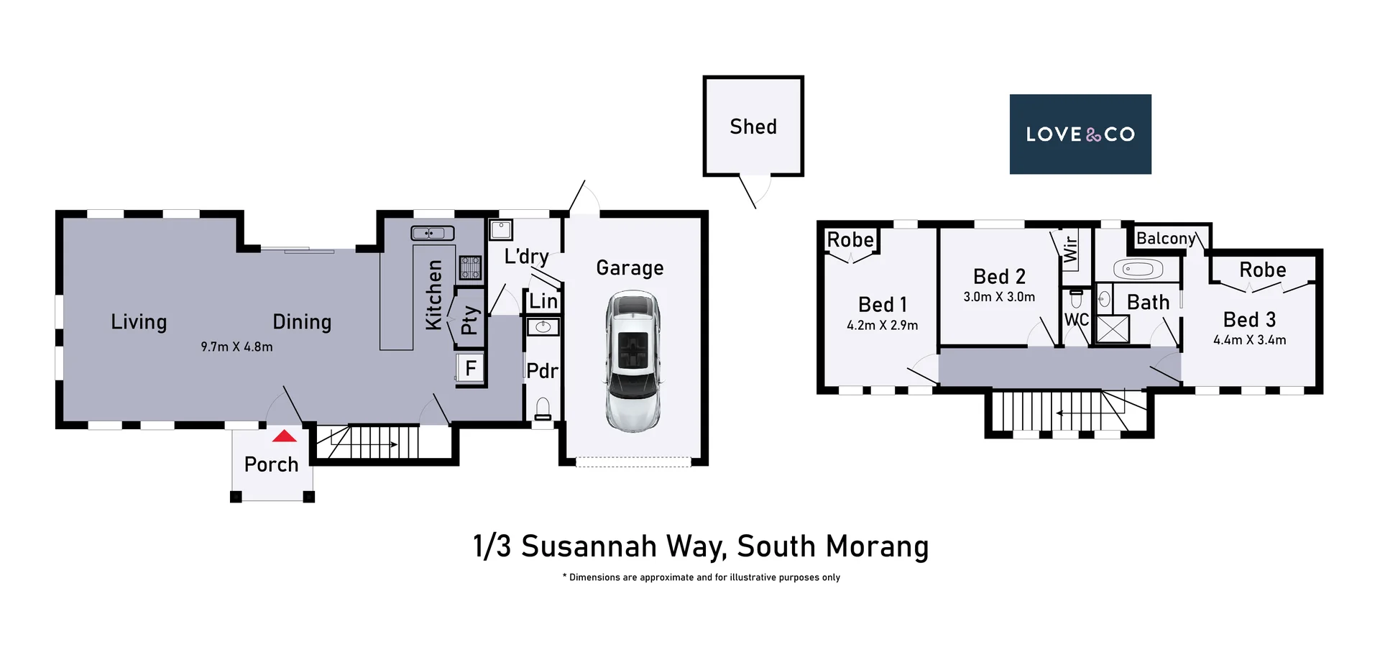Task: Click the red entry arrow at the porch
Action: click(285, 436)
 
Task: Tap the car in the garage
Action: click(632, 362)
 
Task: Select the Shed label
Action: click(753, 127)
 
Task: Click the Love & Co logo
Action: click(1080, 134)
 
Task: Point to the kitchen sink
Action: click(432, 233)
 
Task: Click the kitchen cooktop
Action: click(470, 267)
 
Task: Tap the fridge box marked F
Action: click(471, 369)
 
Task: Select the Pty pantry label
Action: click(469, 320)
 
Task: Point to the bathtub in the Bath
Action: click(1138, 270)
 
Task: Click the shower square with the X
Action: click(1113, 329)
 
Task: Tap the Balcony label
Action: click(1165, 238)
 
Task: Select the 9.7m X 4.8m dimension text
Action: click(236, 347)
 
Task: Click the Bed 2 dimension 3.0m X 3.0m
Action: click(999, 297)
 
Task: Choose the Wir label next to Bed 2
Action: click(1070, 249)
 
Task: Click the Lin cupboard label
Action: click(543, 301)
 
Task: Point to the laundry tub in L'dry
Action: click(500, 230)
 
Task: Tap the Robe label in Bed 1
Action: click(850, 239)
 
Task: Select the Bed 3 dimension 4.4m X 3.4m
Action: click(1249, 340)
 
